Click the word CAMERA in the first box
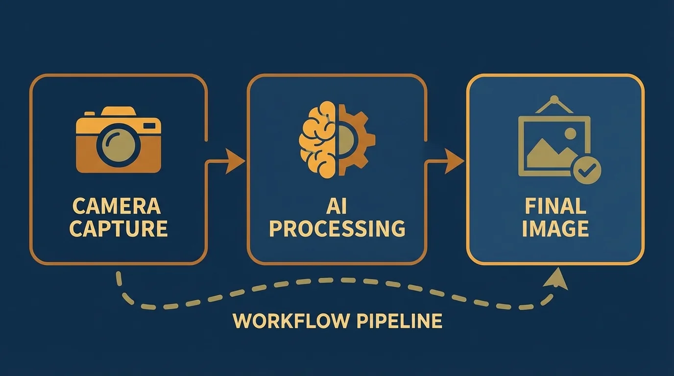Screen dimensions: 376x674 (x=117, y=206)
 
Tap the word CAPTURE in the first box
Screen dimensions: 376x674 (x=119, y=229)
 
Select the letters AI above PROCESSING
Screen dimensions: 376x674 (x=336, y=206)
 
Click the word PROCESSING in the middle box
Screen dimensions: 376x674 (x=337, y=229)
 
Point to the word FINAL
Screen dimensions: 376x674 (x=555, y=206)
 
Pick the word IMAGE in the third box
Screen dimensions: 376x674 (x=555, y=229)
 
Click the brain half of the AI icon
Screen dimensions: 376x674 (x=317, y=140)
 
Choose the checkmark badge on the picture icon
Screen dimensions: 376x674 (x=586, y=171)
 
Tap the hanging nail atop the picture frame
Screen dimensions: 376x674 (x=555, y=100)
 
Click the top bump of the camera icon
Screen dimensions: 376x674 (x=119, y=112)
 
